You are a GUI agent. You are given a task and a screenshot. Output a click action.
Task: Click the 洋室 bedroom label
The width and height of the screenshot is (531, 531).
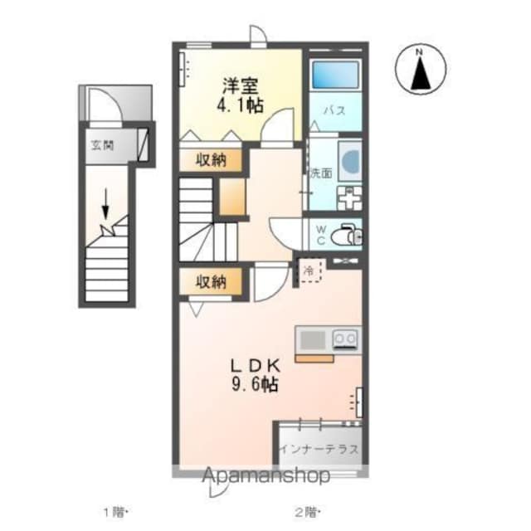coord(240,86)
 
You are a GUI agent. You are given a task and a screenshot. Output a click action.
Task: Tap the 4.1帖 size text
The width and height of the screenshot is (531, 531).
coord(240,105)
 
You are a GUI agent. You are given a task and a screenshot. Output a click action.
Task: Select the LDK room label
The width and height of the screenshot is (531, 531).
coord(256,366)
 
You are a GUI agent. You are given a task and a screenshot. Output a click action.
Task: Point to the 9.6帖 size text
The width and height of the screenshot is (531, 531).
coord(256,384)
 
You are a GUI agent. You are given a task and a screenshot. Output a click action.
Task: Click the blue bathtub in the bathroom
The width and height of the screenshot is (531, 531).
coord(335,74)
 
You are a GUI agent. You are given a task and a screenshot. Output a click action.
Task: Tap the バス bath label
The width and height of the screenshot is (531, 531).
coord(334,110)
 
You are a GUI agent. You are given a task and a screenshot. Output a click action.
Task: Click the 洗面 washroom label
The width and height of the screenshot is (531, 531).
coord(321,173)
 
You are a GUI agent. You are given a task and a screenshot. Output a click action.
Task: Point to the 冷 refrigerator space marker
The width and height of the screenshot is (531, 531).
coord(309,270)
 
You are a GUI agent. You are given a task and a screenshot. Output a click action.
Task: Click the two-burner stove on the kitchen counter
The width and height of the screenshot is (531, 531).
coord(345,339)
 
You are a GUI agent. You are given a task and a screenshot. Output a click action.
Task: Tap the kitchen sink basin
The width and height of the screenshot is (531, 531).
coord(313,340)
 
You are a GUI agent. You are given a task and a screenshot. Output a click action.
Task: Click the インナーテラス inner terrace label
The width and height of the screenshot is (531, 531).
coord(319,449)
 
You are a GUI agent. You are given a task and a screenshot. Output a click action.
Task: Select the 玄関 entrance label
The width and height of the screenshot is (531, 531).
coord(102,145)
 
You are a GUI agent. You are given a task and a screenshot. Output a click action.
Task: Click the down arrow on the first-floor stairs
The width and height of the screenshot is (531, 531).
coord(105,204)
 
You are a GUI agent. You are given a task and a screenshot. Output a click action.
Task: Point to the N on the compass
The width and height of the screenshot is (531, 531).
coord(419,52)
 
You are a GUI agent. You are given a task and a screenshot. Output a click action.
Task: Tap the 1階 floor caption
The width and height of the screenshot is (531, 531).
coord(114,512)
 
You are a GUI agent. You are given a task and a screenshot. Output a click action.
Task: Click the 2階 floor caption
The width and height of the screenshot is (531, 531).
coord(306,512)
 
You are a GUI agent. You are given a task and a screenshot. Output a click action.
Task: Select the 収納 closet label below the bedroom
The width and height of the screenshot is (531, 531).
coord(211,160)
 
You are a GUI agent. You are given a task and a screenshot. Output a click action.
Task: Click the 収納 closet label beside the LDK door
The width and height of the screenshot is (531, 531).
coord(211,281)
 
